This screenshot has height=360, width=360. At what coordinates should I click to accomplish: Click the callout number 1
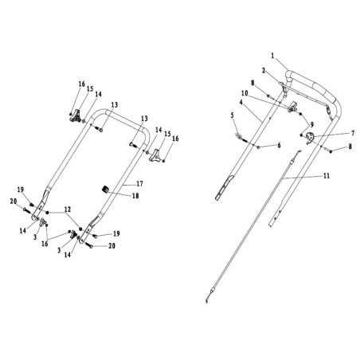[272, 56]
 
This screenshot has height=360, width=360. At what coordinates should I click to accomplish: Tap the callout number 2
[264, 71]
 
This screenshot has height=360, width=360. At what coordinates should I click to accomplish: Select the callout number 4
[241, 102]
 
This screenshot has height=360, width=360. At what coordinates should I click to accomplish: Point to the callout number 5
[233, 115]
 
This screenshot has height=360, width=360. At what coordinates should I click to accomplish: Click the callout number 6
[279, 145]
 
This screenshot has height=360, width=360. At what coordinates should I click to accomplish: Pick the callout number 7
[353, 133]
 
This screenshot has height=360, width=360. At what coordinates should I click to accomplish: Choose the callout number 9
[311, 124]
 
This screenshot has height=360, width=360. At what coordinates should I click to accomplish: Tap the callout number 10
[245, 93]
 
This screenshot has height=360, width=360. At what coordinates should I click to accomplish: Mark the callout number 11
[327, 176]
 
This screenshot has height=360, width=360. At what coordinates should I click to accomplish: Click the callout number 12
[68, 209]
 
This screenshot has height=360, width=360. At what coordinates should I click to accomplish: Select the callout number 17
[139, 184]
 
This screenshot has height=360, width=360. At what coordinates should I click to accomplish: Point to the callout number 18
[135, 196]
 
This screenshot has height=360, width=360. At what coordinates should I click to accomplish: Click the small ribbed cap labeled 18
[106, 190]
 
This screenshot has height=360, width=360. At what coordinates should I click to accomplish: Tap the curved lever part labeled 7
[310, 138]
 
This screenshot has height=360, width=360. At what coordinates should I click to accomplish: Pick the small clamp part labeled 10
[292, 107]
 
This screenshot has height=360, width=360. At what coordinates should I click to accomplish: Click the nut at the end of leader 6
[258, 147]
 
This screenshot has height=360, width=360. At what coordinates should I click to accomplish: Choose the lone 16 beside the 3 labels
[45, 243]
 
